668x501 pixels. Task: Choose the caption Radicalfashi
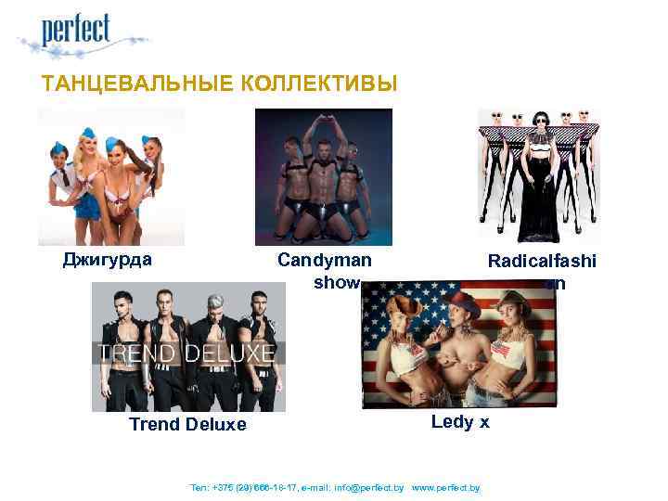click(543, 263)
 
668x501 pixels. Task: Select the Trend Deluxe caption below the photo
click(187, 425)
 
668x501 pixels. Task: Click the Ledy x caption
click(460, 422)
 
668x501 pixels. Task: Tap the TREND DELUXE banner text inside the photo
click(187, 353)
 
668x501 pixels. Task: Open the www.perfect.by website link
click(445, 487)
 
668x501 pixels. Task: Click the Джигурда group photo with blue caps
click(111, 176)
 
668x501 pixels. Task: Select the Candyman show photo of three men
click(323, 176)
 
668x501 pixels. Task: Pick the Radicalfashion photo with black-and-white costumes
click(538, 176)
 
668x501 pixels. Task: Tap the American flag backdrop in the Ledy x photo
click(390, 306)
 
